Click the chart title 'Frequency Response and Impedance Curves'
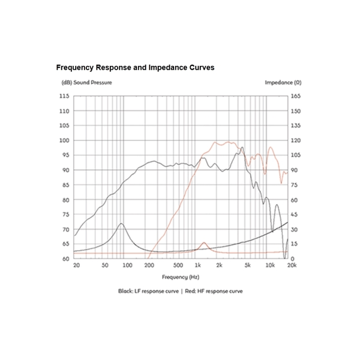point(135,68)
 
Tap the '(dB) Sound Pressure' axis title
point(86,82)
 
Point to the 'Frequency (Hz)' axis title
point(181,277)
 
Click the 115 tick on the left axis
point(64,96)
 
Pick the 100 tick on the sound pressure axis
point(64,140)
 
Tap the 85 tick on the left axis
point(64,185)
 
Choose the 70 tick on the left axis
point(64,229)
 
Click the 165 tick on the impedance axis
point(295,96)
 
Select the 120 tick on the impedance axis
point(295,140)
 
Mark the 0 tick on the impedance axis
point(292,259)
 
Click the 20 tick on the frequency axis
point(76,265)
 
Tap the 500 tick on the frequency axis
point(178,265)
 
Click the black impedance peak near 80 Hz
point(121,224)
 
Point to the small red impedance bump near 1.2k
point(204,243)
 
